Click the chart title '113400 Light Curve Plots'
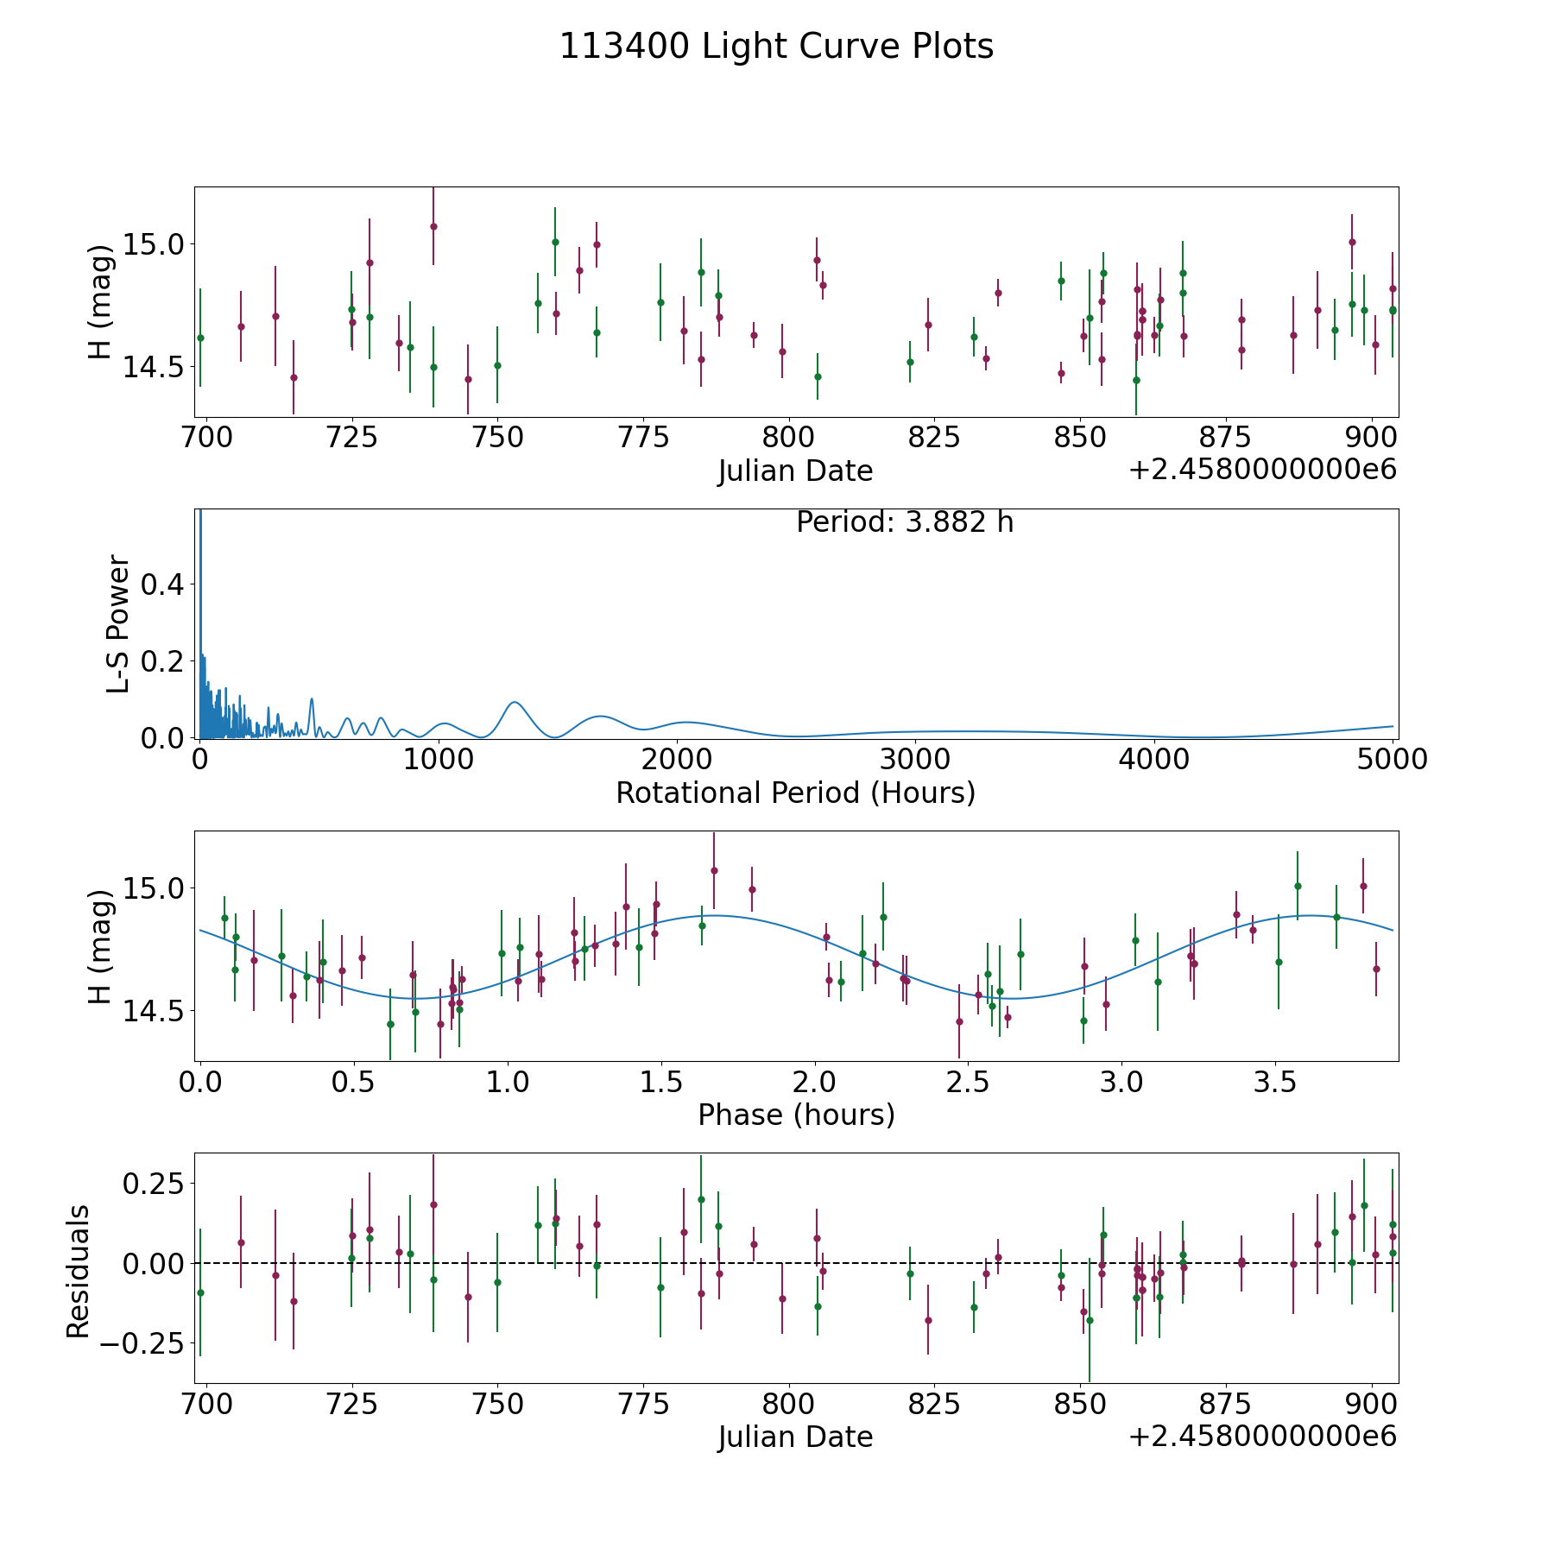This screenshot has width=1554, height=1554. point(776,47)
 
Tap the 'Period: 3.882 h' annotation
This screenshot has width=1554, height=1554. point(904,522)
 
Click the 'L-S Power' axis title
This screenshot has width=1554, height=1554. point(118,623)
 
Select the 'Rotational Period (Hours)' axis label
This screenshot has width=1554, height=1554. point(795,793)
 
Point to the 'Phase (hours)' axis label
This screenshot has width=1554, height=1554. point(796,1115)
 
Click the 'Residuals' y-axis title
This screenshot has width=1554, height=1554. point(78,1272)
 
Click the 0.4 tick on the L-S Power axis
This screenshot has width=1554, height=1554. point(162,585)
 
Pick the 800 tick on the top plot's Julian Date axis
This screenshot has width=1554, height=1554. point(788,438)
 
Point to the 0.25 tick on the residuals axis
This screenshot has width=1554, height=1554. point(154,1182)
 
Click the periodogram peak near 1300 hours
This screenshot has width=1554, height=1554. point(515,702)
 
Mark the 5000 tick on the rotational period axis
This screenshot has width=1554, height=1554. point(1392,760)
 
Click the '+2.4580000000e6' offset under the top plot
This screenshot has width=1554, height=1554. point(1262,470)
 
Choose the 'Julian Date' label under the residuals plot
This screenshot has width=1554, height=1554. point(795,1437)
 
